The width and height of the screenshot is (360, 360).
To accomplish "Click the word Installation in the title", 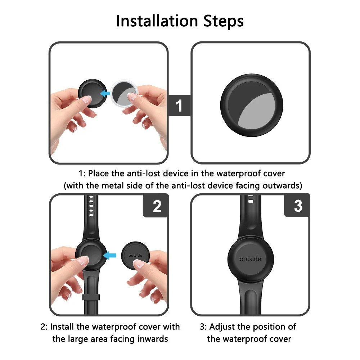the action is tap(157, 21).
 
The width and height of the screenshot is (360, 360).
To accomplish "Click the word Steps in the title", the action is tap(224, 21).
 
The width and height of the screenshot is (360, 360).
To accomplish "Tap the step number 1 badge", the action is tap(179, 105).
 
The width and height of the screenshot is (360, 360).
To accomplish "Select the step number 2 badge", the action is tap(156, 206).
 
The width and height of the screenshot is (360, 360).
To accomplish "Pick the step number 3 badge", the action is tap(297, 206).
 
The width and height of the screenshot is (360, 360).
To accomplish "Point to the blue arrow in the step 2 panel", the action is tap(110, 255).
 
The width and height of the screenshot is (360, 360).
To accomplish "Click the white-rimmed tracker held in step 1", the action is tap(124, 94).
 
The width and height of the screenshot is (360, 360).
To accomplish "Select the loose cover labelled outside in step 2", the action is tap(135, 256).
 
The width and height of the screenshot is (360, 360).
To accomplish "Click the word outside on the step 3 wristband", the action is tap(250, 259).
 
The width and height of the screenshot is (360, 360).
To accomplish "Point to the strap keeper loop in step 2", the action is tap(91, 297).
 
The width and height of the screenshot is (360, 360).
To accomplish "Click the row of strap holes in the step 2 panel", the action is tap(91, 206).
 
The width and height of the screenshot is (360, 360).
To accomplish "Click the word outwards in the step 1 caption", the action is tap(281, 185).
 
